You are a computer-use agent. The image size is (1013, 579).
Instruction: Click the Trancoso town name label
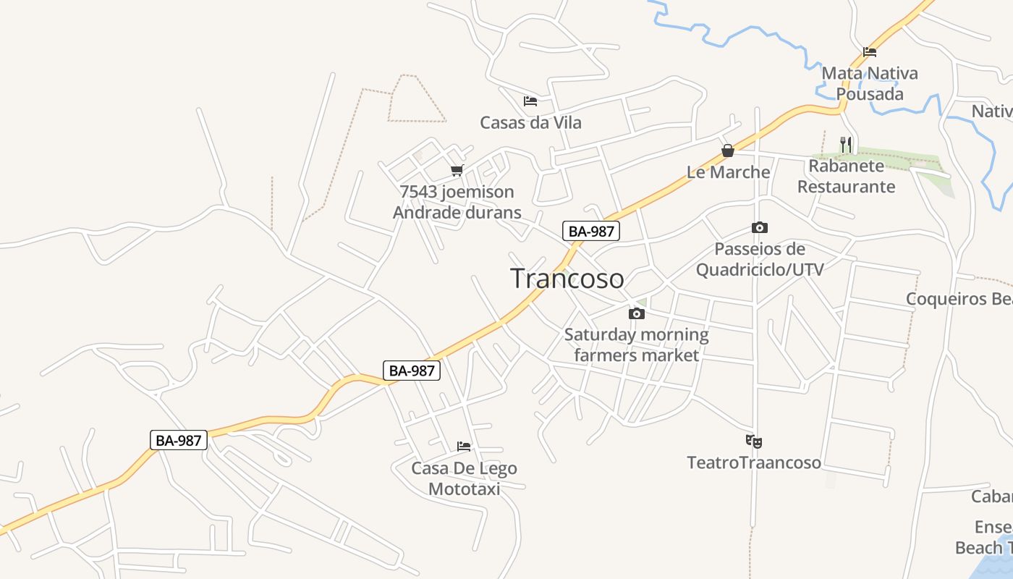(567, 279)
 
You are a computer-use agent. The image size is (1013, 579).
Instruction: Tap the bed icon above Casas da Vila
(530, 101)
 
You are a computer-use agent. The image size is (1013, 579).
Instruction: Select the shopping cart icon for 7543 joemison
(457, 171)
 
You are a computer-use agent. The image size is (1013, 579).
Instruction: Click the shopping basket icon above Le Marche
(728, 151)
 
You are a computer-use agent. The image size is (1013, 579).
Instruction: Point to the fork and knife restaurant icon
(846, 145)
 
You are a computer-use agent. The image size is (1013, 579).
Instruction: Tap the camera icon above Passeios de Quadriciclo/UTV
(759, 228)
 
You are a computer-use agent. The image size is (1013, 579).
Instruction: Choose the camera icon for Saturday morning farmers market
(637, 313)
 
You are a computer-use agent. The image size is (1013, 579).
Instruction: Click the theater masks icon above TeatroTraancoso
(754, 441)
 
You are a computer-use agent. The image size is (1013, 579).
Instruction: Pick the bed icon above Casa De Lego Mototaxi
(464, 447)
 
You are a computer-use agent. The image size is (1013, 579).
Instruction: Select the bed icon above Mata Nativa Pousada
(870, 52)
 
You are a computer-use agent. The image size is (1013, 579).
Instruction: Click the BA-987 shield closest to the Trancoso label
(591, 232)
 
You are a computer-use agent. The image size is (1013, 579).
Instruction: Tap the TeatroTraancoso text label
(754, 462)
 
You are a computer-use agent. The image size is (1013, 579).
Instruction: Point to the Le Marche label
(728, 172)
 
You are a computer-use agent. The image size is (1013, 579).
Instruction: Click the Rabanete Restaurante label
(846, 176)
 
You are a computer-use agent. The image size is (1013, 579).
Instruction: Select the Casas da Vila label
(530, 122)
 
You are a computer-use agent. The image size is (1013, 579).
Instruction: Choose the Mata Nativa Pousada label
(870, 83)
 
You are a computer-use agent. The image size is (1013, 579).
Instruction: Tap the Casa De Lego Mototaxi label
(464, 478)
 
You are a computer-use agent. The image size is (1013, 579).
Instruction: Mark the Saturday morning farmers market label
(637, 345)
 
